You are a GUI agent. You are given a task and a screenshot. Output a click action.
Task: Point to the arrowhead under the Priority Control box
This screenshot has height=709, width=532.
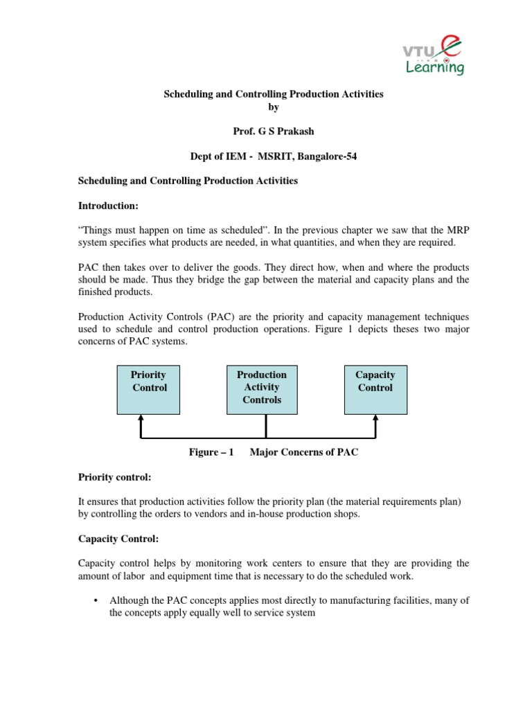[141, 418]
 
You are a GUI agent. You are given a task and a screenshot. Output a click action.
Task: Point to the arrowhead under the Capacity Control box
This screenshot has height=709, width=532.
[375, 418]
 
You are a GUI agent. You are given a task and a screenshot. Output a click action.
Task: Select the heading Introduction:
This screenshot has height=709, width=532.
[107, 206]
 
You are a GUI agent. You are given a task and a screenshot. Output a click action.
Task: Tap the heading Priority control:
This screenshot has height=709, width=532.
[113, 478]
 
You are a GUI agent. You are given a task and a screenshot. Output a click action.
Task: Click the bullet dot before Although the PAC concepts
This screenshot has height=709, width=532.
[94, 601]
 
